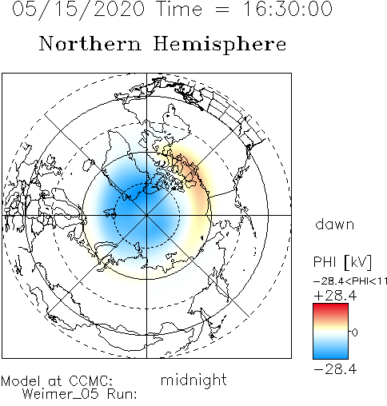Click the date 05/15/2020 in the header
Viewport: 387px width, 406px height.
[x=78, y=10]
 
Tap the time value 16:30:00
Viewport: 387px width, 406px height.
[x=288, y=9]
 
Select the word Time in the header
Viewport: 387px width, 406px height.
[x=180, y=9]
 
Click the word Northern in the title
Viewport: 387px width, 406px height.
[x=90, y=43]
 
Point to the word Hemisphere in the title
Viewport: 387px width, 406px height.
[x=220, y=45]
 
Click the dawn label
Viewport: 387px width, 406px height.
[x=335, y=224]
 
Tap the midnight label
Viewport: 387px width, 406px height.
[x=193, y=380]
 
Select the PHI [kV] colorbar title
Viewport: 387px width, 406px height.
[x=342, y=262]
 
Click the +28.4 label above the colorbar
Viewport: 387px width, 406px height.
[x=335, y=296]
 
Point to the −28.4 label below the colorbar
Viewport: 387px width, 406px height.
[x=335, y=369]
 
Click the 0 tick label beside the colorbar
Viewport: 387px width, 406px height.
[x=355, y=332]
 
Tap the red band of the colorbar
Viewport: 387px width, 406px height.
[x=330, y=310]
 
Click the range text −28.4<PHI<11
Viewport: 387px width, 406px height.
[x=350, y=281]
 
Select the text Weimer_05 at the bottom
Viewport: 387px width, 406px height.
[x=61, y=394]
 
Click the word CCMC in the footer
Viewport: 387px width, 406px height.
[x=90, y=381]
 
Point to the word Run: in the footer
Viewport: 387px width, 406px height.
[x=122, y=394]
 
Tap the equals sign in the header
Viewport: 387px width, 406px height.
[x=221, y=10]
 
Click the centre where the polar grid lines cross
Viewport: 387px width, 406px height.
[x=146, y=215]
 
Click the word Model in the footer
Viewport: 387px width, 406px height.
[x=21, y=381]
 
